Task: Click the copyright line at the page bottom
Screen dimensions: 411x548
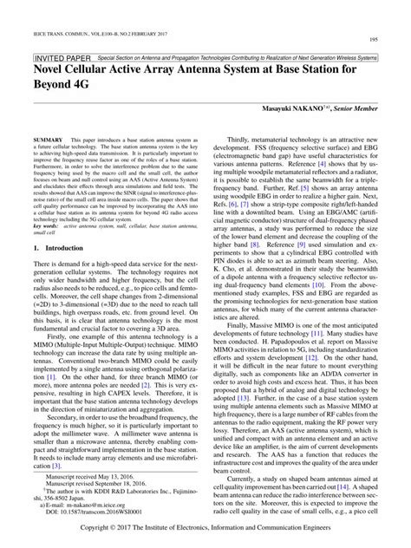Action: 205,528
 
